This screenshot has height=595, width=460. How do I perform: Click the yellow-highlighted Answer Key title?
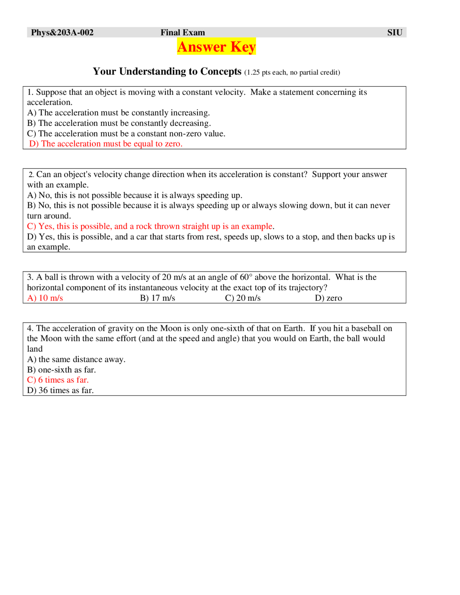click(216, 47)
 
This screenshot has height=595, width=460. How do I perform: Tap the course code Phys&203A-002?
click(62, 33)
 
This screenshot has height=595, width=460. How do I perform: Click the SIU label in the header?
click(395, 33)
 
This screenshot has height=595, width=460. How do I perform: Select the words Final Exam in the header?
click(183, 33)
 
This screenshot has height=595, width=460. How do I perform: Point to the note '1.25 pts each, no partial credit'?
click(292, 73)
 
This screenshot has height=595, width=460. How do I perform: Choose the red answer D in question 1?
click(106, 144)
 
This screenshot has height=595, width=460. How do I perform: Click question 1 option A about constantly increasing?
click(118, 113)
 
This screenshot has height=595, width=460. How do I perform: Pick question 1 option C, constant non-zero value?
click(126, 134)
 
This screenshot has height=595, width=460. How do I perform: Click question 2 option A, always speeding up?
click(135, 195)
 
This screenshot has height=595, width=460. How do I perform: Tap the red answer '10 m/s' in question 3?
click(45, 298)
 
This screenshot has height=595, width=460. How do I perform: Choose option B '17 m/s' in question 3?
click(157, 298)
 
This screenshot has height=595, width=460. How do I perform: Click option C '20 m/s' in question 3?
click(243, 298)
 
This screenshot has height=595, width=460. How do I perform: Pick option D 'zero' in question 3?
click(328, 298)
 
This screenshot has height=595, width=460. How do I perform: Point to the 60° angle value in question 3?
click(246, 277)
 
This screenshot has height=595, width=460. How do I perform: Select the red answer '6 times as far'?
click(58, 380)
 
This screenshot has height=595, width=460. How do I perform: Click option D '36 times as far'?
click(60, 391)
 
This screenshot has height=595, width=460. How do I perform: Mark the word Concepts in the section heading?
click(221, 72)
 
